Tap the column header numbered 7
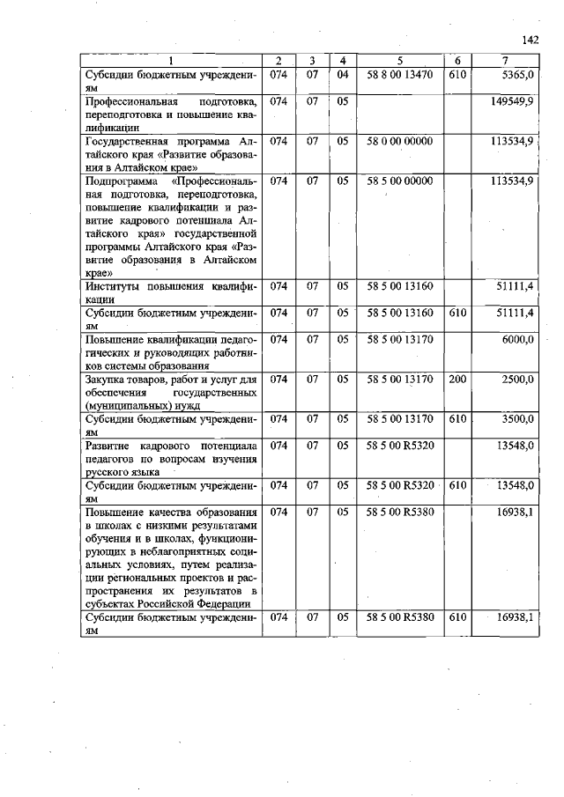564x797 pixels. pyautogui.click(x=505, y=60)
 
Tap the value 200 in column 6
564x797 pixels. pyautogui.click(x=456, y=378)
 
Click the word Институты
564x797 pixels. pyautogui.click(x=113, y=286)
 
